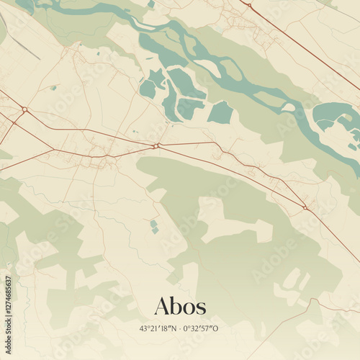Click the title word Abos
coord(180,306)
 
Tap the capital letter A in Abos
coord(163,306)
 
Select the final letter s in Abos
coord(201,308)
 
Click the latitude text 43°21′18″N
coord(153,328)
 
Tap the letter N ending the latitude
coord(173,328)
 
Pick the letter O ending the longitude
coord(215,328)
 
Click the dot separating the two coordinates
coord(179,328)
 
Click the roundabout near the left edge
coord(24,109)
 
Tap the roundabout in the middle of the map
coord(156,146)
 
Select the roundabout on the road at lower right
coord(305,208)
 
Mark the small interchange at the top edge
coord(249,5)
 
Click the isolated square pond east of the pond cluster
coord(220,113)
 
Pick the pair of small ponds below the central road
coord(154,227)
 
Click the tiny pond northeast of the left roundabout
coord(53,88)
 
